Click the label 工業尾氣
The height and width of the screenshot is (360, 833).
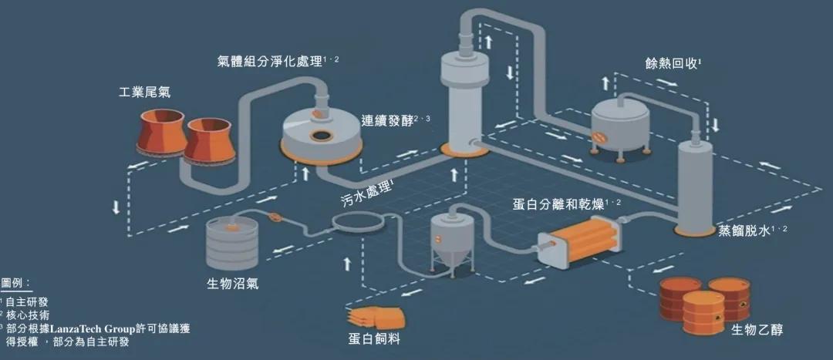point(144,93)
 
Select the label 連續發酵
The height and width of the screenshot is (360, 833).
point(387,121)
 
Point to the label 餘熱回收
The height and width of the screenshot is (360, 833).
point(671,64)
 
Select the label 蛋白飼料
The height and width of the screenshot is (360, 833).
point(373,338)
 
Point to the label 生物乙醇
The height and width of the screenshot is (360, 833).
point(757,330)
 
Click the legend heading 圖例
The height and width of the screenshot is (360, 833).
point(15,283)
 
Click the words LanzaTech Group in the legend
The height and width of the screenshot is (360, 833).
point(98,328)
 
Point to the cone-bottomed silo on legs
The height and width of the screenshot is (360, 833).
point(452,240)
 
